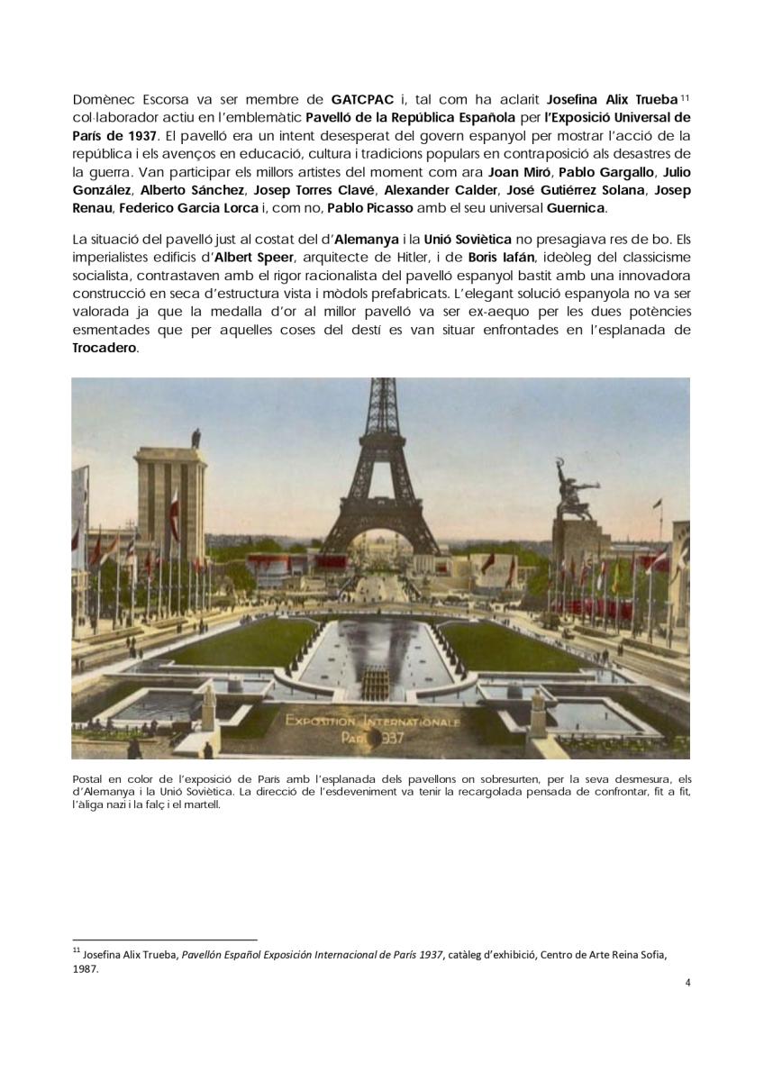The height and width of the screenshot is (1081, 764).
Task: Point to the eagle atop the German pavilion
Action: point(196,438)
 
